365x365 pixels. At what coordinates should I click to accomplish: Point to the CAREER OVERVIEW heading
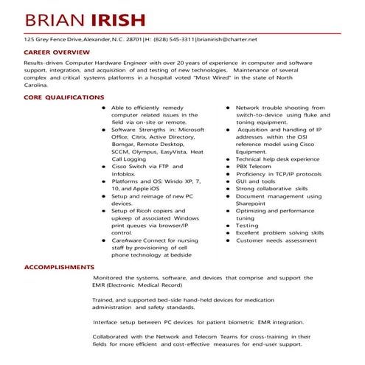57,53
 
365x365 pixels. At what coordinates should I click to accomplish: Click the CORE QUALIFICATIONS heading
64,97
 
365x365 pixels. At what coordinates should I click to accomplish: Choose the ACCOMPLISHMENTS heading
59,266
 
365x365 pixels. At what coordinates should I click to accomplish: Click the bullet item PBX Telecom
254,167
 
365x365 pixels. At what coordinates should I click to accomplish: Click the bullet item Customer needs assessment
276,240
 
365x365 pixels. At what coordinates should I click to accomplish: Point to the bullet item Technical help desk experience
277,159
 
